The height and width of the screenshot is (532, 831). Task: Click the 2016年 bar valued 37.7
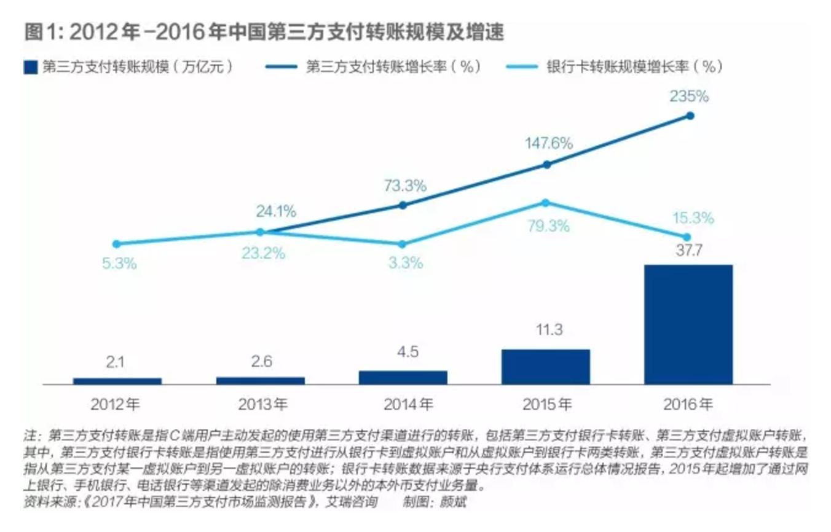click(x=688, y=324)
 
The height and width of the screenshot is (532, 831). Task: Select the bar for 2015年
click(x=545, y=367)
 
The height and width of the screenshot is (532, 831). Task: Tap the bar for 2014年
click(x=403, y=377)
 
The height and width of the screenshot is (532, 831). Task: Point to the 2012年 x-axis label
click(x=117, y=405)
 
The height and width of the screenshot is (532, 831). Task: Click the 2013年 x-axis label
click(x=260, y=405)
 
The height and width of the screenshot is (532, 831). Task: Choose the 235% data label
click(x=689, y=96)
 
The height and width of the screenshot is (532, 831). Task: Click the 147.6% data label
click(x=548, y=144)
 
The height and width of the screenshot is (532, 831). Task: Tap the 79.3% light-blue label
click(x=548, y=226)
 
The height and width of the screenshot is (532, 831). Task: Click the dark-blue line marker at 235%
click(x=690, y=115)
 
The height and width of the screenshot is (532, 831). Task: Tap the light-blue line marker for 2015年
click(x=545, y=203)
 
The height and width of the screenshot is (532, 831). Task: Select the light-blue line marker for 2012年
click(x=117, y=244)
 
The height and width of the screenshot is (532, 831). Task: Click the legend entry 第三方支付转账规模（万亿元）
click(x=129, y=67)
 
